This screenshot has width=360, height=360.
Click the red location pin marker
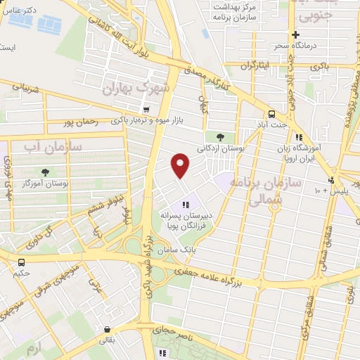coord(180,165)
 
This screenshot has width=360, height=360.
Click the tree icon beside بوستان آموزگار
coord(46,172)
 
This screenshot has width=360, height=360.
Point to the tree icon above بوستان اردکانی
coord(220,136)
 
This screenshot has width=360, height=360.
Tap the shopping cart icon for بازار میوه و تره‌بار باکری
coord(146,109)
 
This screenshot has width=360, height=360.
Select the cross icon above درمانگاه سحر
coord(296,34)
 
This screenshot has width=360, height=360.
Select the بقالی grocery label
coord(105,341)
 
